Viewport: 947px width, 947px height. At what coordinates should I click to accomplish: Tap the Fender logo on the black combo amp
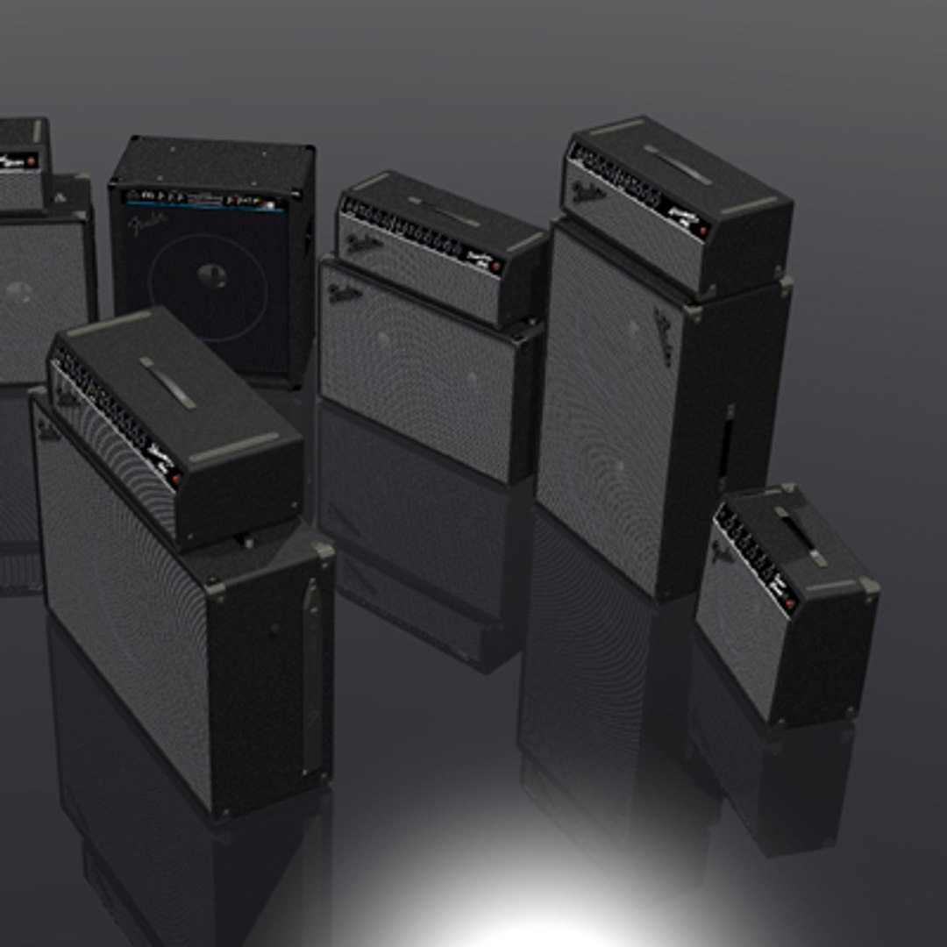click(146, 225)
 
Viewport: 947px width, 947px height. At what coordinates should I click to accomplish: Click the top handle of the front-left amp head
click(167, 382)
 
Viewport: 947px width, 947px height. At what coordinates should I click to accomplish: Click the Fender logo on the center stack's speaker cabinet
click(345, 292)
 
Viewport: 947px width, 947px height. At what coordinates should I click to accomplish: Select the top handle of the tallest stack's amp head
click(678, 165)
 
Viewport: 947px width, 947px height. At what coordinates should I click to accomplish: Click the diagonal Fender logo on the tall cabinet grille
click(664, 336)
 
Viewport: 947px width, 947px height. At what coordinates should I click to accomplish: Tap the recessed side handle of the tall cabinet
click(727, 447)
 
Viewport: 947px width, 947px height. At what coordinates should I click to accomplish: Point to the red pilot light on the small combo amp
click(788, 604)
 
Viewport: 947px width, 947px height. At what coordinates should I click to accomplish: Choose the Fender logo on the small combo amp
click(722, 552)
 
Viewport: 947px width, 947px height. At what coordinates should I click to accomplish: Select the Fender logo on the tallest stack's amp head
click(587, 191)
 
